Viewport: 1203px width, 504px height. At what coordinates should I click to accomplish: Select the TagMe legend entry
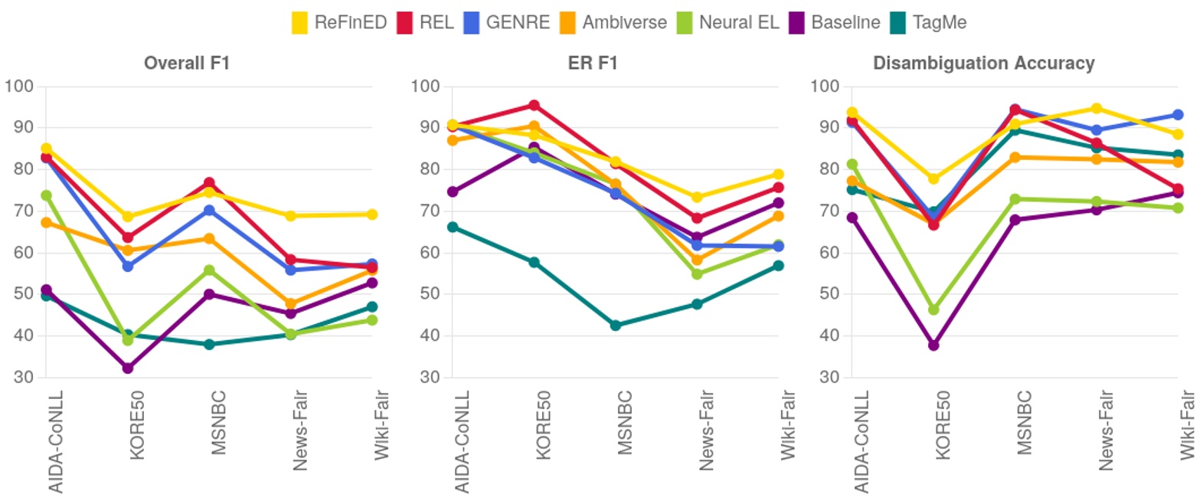coord(928,22)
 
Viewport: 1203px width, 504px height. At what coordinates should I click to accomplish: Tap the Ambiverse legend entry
coord(613,22)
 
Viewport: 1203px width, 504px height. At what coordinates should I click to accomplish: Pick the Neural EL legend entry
coord(727,22)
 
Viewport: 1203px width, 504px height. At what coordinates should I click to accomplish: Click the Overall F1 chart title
coord(187,63)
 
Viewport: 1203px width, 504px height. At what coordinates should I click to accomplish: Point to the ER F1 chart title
coord(593,63)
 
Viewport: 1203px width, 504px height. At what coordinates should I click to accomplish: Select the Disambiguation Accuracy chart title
coord(983,63)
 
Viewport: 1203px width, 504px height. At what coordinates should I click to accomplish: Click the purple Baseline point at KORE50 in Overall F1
coord(128,368)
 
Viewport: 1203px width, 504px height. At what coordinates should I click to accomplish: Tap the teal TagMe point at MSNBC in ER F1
coord(616,326)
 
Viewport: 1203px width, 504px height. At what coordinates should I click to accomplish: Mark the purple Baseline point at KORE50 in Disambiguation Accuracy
coord(933,345)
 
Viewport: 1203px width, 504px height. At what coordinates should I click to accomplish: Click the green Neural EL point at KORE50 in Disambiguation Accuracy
coord(933,309)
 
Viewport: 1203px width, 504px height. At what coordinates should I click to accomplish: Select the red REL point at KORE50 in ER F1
coord(534,106)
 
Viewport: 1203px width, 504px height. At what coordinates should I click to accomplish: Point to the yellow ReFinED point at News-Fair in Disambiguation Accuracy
coord(1097,109)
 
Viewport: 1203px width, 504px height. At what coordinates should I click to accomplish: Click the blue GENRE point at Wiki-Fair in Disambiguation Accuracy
coord(1178,115)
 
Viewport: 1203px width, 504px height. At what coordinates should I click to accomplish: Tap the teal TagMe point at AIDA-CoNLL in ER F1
coord(453,227)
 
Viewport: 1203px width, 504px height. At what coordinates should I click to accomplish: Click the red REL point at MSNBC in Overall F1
coord(209,183)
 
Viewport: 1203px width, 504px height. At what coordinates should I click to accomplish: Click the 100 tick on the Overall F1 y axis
coord(19,86)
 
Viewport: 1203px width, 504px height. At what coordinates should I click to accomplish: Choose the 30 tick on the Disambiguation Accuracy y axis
coord(829,377)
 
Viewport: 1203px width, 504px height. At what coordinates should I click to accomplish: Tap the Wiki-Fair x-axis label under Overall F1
coord(381,425)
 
